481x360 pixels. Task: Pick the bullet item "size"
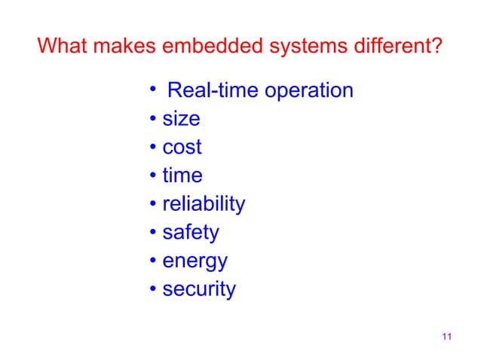coord(181,119)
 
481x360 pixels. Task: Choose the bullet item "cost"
coord(182,148)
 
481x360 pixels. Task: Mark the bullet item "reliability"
coord(204,204)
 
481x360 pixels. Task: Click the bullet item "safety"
coord(191,233)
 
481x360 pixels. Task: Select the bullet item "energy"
coord(195,262)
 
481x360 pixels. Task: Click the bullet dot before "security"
coord(152,290)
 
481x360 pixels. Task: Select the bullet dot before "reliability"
coord(152,205)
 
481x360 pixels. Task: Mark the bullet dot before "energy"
coord(152,261)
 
